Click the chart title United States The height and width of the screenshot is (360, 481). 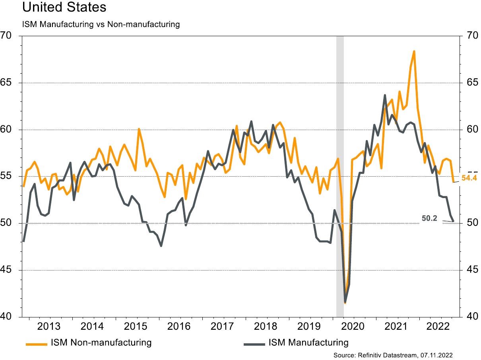click(x=64, y=8)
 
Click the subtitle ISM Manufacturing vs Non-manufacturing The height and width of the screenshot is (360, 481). click(x=101, y=24)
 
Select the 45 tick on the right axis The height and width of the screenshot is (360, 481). click(x=470, y=270)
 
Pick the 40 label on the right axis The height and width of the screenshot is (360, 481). click(x=470, y=317)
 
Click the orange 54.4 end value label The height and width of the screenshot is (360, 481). click(x=469, y=178)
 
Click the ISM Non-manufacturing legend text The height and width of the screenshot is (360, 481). click(x=101, y=342)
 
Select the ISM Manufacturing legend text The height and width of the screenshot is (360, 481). click(x=308, y=342)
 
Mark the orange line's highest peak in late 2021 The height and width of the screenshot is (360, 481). click(x=414, y=51)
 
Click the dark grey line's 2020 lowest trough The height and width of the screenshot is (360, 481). click(x=345, y=302)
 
